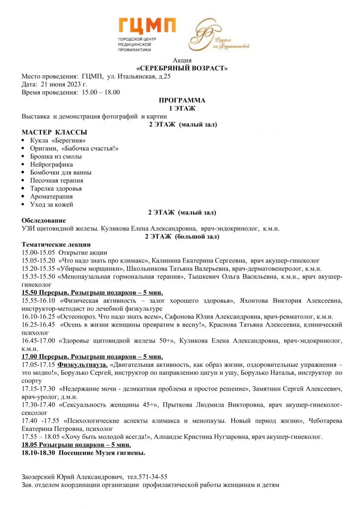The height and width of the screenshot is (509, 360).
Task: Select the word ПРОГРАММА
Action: tap(181, 100)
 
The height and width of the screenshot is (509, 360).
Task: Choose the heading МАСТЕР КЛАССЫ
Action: tap(54, 132)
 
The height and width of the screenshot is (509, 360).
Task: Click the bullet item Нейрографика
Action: tap(51, 165)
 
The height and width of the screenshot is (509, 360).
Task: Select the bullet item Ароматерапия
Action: tap(51, 196)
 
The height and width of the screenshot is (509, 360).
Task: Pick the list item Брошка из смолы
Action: tap(56, 156)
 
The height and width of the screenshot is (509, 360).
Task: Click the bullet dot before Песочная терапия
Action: tap(24, 180)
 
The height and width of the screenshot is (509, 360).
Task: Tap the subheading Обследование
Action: tap(44, 220)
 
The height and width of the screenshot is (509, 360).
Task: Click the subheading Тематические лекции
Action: tap(56, 244)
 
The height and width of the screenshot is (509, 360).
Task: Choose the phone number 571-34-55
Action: tap(153, 476)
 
